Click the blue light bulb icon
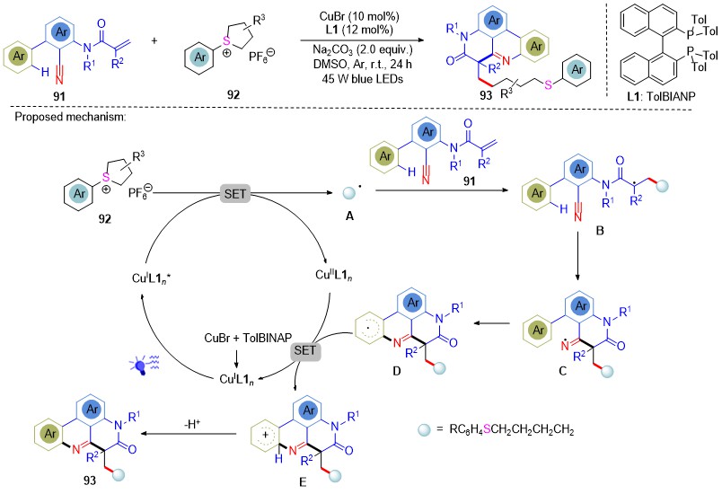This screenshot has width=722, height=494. (143, 365)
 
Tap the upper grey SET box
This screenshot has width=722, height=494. (235, 194)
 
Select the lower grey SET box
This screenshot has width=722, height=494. (304, 350)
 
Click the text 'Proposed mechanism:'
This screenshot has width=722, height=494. (70, 117)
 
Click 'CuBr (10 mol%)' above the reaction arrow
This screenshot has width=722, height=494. (359, 17)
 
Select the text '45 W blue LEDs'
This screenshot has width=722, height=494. (363, 79)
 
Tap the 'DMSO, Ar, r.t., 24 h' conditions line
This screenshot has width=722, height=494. (363, 64)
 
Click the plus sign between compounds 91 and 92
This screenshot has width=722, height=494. (154, 40)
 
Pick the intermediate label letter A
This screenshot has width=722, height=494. (349, 215)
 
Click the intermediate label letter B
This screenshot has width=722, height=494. (600, 230)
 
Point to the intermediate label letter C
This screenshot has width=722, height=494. (562, 371)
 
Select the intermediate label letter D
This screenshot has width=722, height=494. (397, 371)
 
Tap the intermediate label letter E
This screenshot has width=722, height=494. (303, 482)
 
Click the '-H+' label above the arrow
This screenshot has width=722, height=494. (192, 424)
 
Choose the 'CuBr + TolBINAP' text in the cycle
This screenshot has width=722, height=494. (248, 339)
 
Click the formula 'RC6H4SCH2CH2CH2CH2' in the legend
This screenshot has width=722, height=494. (512, 430)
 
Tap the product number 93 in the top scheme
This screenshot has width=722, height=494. (486, 95)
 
